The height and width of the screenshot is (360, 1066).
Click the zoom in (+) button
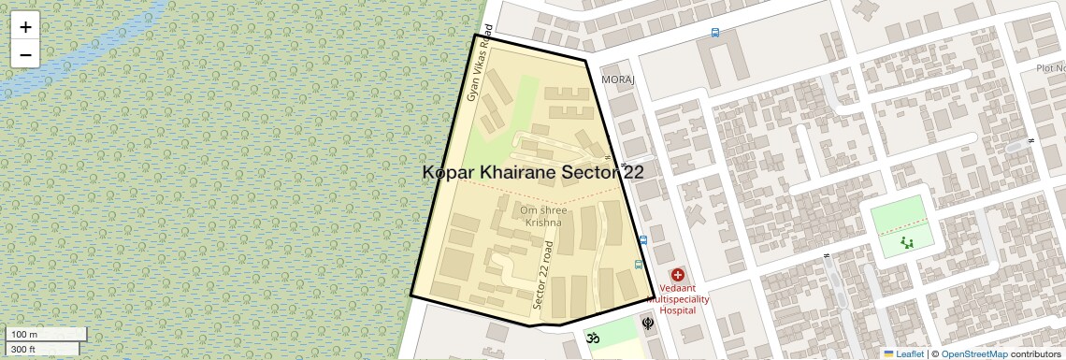(x=25, y=27)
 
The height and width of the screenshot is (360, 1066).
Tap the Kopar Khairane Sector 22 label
(x=533, y=172)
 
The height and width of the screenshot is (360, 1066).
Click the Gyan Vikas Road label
(x=480, y=77)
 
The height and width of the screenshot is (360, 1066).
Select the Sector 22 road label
(x=543, y=276)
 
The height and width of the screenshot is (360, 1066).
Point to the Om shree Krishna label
(x=543, y=216)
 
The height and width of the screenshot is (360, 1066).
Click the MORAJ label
(x=618, y=79)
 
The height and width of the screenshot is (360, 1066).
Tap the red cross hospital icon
(x=678, y=276)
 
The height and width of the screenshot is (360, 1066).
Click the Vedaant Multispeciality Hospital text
(x=684, y=299)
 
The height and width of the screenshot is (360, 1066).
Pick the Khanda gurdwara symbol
(x=647, y=324)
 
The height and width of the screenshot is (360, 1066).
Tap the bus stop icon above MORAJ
(x=715, y=33)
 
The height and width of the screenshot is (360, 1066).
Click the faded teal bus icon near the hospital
(x=639, y=264)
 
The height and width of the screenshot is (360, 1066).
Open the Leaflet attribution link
(x=904, y=353)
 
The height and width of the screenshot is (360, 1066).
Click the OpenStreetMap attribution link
(x=974, y=353)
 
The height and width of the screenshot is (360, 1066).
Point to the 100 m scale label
(x=25, y=334)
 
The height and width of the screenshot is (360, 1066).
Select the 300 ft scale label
(x=23, y=350)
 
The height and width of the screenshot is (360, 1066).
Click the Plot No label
(x=1050, y=68)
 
